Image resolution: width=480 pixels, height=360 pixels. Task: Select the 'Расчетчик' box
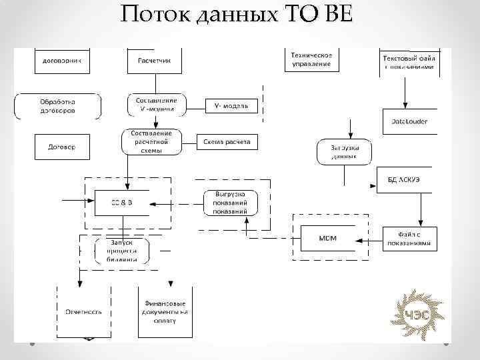[154, 59]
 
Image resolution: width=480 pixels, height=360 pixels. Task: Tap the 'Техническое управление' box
[311, 59]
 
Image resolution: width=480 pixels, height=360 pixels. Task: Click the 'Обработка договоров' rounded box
[58, 106]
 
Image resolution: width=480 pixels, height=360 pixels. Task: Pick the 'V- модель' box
[231, 105]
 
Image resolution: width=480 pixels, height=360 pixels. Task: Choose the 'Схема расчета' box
[227, 142]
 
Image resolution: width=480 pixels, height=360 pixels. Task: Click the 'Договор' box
[61, 147]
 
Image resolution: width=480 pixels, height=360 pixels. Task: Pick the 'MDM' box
[327, 238]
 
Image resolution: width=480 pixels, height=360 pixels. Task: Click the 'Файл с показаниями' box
[411, 239]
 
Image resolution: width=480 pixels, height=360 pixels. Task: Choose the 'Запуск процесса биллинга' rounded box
[122, 251]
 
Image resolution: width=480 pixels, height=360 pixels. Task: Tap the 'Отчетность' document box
[83, 311]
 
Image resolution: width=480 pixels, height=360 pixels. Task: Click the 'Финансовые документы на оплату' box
[165, 311]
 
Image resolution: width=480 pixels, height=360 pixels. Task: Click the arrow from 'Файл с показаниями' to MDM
[370, 239]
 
